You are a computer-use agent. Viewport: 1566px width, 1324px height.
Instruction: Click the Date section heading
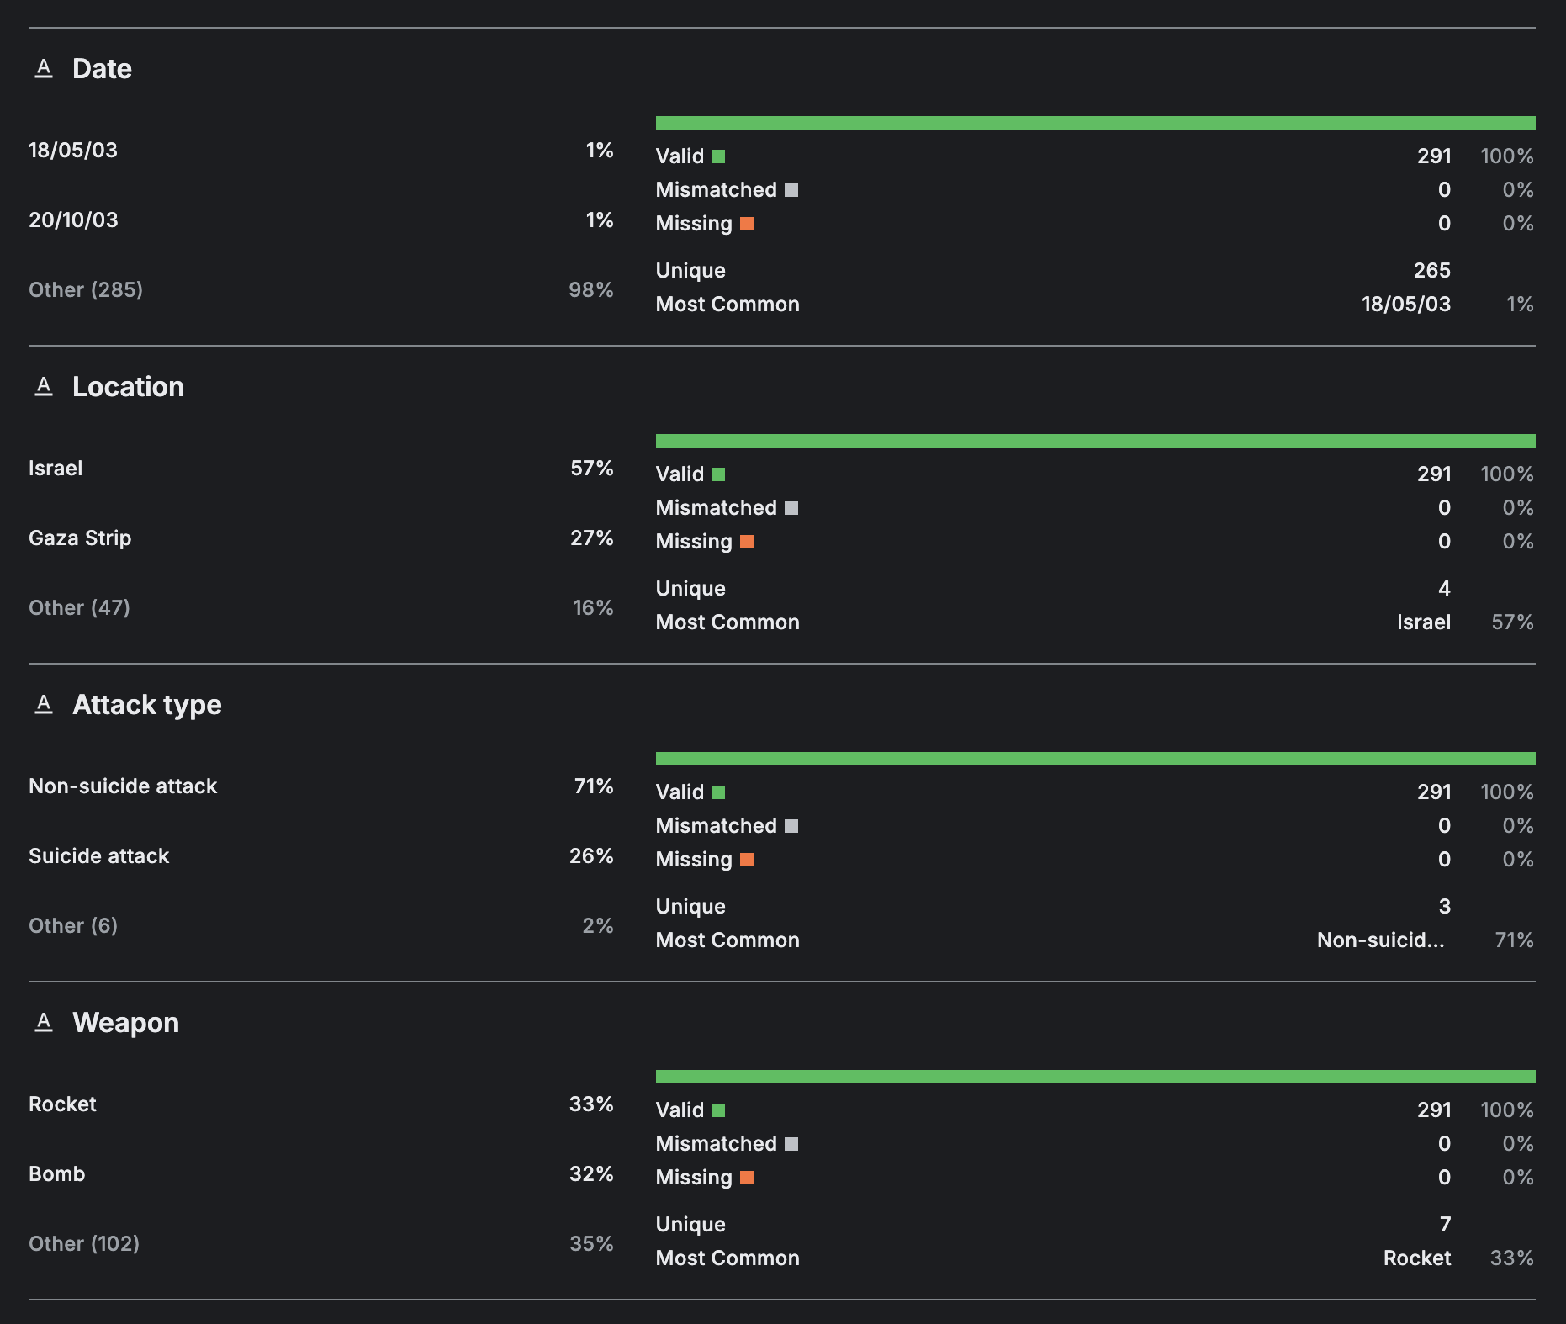tap(102, 69)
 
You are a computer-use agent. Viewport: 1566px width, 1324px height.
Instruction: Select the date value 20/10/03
tap(73, 220)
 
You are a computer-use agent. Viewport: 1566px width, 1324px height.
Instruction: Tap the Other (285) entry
tap(85, 290)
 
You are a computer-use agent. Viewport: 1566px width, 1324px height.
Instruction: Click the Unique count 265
tap(1431, 271)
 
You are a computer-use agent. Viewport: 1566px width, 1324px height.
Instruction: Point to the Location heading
tap(128, 387)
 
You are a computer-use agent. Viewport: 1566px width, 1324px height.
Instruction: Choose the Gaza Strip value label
tap(80, 538)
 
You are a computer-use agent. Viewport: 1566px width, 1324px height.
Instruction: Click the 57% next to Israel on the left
tap(591, 469)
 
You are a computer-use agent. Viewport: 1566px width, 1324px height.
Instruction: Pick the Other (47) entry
tap(79, 608)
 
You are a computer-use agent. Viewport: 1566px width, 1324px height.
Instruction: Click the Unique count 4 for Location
tap(1444, 589)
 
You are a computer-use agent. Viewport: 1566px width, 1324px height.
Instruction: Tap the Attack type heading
tap(147, 705)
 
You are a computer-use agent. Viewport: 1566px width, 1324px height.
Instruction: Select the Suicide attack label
tap(98, 856)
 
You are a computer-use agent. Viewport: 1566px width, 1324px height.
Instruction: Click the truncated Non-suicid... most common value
tap(1380, 940)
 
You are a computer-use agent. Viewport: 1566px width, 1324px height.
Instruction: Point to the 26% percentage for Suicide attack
tap(590, 856)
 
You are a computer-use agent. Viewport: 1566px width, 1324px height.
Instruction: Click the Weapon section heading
tap(125, 1023)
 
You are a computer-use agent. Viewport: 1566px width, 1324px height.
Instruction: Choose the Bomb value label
tap(56, 1174)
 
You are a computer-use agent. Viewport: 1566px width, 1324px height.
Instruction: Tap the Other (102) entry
tap(84, 1244)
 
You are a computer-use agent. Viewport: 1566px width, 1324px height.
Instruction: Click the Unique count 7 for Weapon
tap(1445, 1225)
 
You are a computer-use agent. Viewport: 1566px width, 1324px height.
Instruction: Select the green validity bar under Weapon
tap(1095, 1077)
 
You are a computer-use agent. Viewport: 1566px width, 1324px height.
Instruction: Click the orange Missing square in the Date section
tap(747, 224)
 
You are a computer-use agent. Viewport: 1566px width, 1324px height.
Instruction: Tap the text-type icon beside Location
tap(44, 386)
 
